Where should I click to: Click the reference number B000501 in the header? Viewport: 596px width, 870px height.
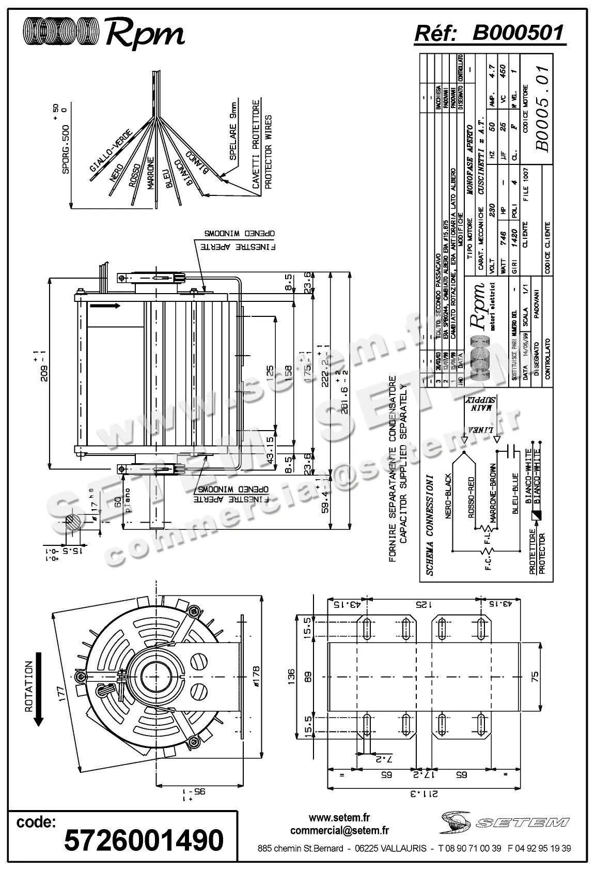point(517,33)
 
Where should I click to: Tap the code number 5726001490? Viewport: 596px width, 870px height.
point(144,840)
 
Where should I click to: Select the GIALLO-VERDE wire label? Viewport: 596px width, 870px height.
point(111,150)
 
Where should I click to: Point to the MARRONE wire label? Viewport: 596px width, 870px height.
point(150,174)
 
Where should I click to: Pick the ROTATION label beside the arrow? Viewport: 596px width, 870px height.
point(29,686)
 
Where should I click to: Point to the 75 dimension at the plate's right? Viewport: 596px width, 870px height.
point(535,675)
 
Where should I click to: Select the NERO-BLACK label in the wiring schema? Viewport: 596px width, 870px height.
point(448,496)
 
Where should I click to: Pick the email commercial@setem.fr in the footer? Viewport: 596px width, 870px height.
point(339,831)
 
